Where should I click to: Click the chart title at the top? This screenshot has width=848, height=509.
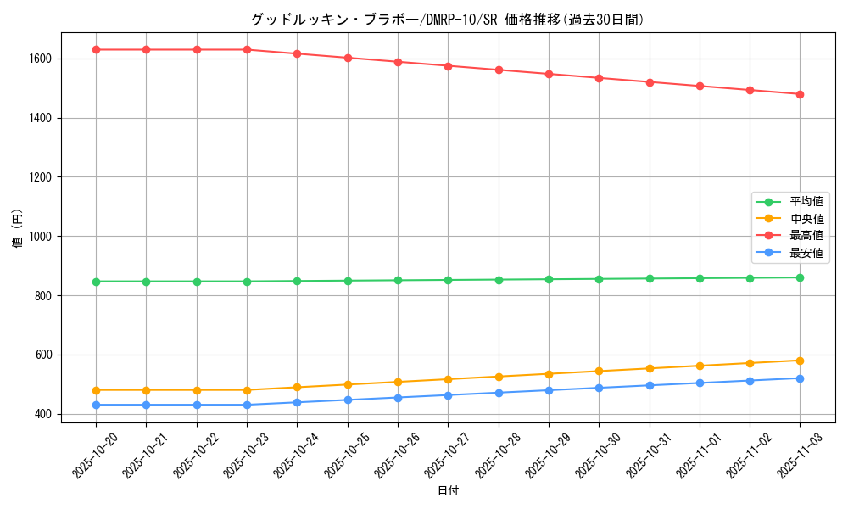coord(448,20)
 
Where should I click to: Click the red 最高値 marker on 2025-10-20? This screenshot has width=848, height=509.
coord(96,49)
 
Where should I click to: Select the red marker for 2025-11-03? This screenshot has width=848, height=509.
coord(800,94)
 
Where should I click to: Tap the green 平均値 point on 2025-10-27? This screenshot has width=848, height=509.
coord(448,280)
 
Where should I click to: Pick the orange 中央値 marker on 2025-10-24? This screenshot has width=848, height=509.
coord(297,387)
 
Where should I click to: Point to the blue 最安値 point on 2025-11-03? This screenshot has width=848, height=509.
coord(800,378)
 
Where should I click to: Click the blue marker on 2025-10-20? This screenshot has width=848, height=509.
coord(96,405)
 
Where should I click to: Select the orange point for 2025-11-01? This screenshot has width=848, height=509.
coord(700,366)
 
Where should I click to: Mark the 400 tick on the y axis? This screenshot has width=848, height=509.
coord(43,414)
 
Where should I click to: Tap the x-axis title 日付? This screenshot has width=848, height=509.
coord(448,491)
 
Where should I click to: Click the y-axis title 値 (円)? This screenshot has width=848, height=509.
coord(17,229)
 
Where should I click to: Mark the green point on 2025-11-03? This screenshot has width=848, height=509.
coord(800,277)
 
